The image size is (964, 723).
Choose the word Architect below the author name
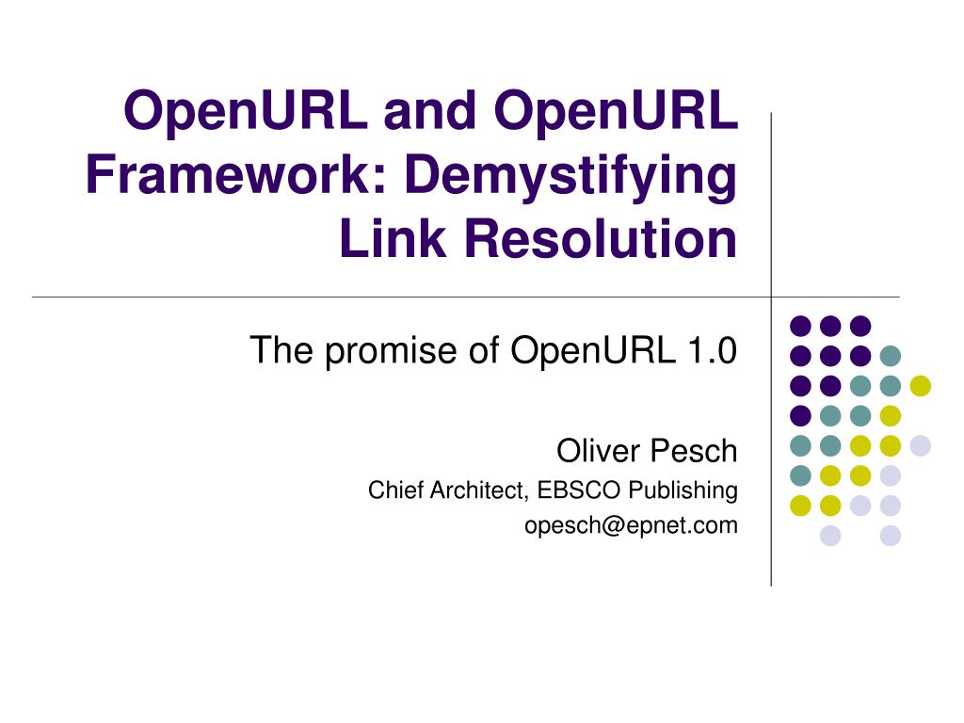[x=477, y=490]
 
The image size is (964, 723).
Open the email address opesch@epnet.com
[x=631, y=525]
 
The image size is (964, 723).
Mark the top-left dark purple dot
[x=800, y=326]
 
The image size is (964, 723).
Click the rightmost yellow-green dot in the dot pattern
[x=920, y=385]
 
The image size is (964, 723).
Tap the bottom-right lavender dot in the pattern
[x=890, y=536]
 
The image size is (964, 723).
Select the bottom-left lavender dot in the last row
[x=830, y=536]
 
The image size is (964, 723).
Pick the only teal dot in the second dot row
[x=890, y=356]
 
